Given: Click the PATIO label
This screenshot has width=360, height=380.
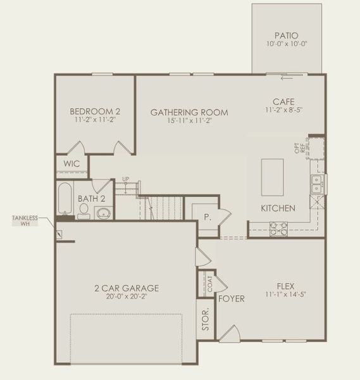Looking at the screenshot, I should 287,36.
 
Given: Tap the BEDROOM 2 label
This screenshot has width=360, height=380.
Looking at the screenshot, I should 95,111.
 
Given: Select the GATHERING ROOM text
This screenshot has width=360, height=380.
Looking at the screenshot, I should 189,113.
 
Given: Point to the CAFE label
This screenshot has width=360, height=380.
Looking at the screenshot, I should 283,101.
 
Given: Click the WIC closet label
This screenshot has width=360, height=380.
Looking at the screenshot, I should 72,163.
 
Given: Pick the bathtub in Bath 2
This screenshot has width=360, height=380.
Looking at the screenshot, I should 65,198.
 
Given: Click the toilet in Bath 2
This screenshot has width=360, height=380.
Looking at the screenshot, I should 84,212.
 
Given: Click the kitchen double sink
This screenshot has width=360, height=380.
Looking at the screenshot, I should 316,184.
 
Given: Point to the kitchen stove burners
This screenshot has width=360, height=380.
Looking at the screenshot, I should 278,228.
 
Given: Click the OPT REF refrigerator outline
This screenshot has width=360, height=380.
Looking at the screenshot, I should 315,148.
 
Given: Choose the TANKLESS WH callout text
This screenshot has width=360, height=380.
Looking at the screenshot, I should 25,220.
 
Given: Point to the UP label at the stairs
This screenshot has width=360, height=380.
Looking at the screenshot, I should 126,179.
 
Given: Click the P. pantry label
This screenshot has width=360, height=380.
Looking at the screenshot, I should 206,215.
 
